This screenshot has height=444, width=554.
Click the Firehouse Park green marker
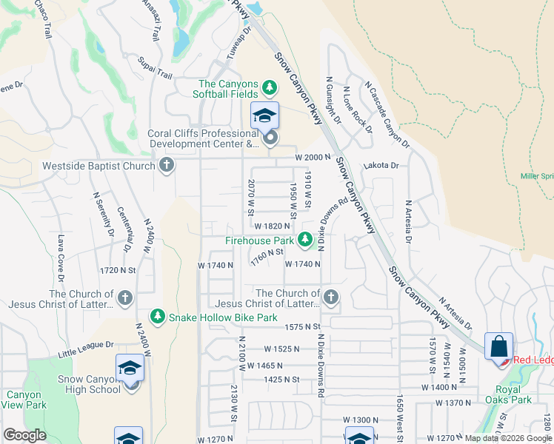click(304, 239)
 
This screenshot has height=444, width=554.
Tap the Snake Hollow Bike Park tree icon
click(158, 317)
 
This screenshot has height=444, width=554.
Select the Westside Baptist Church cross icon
click(167, 165)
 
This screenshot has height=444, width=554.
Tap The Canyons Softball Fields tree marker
click(270, 89)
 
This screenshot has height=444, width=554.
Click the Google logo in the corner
click(24, 435)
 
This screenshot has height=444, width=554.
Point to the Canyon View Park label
click(23, 400)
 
